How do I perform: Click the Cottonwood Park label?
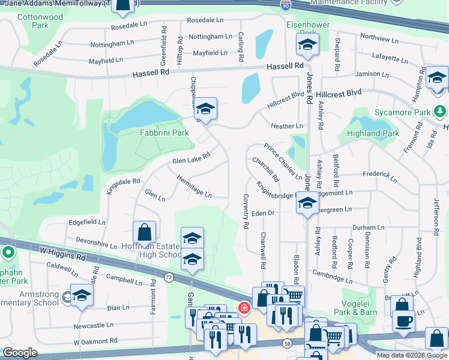click(x=40, y=22)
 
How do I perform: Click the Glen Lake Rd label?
click(x=191, y=158)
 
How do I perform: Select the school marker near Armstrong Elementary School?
click(x=82, y=295)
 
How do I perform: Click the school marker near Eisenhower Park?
click(x=307, y=44)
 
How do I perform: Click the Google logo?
click(x=20, y=353)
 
